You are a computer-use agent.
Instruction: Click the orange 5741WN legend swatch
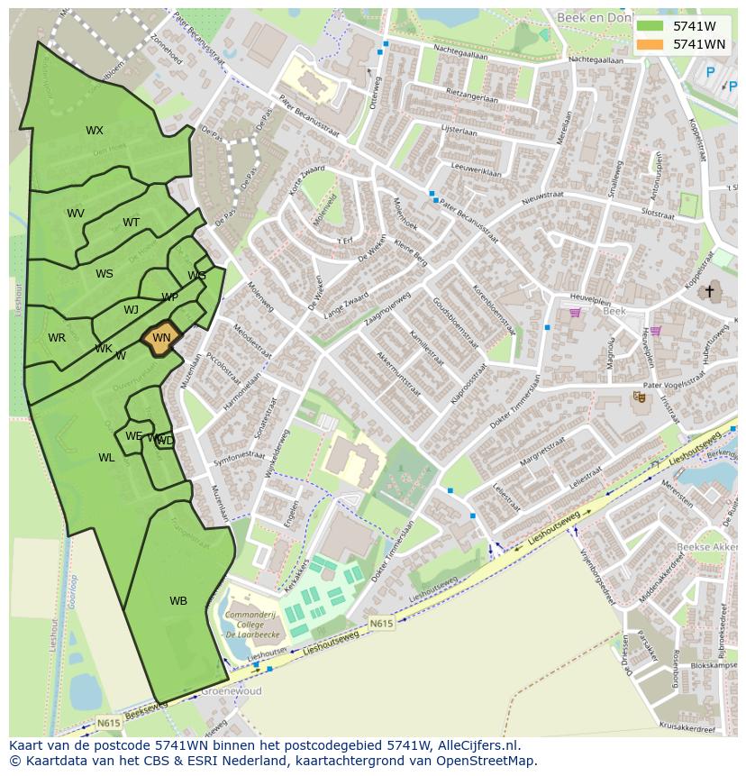pyautogui.click(x=649, y=44)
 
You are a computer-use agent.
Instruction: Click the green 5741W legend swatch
pyautogui.click(x=649, y=26)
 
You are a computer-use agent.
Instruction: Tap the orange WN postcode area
pyautogui.click(x=161, y=338)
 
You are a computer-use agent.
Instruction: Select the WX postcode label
pyautogui.click(x=95, y=131)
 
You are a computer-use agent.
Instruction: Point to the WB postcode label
pyautogui.click(x=178, y=601)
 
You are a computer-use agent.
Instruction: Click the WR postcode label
pyautogui.click(x=57, y=338)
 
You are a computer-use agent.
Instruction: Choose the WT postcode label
pyautogui.click(x=132, y=223)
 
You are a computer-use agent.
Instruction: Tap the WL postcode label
pyautogui.click(x=106, y=458)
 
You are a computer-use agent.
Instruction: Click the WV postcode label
pyautogui.click(x=76, y=214)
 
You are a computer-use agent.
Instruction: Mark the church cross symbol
pyautogui.click(x=709, y=291)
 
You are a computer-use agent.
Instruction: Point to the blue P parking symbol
pyautogui.click(x=710, y=73)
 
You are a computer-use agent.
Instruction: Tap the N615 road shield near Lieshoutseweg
pyautogui.click(x=381, y=622)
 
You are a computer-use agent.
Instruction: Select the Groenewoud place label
pyautogui.click(x=232, y=691)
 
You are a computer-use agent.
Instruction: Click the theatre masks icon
pyautogui.click(x=639, y=396)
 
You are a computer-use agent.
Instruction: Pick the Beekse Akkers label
pyautogui.click(x=705, y=547)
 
